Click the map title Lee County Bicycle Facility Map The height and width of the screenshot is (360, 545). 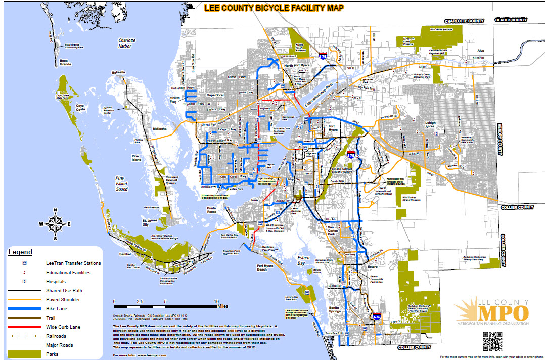pyautogui.click(x=273, y=8)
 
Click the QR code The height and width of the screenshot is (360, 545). pyautogui.click(x=493, y=341)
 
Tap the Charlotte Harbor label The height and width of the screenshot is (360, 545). pyautogui.click(x=126, y=43)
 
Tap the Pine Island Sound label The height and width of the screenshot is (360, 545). pyautogui.click(x=121, y=184)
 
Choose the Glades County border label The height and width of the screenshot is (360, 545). pyautogui.click(x=511, y=20)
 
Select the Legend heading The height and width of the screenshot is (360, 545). pyautogui.click(x=20, y=252)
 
